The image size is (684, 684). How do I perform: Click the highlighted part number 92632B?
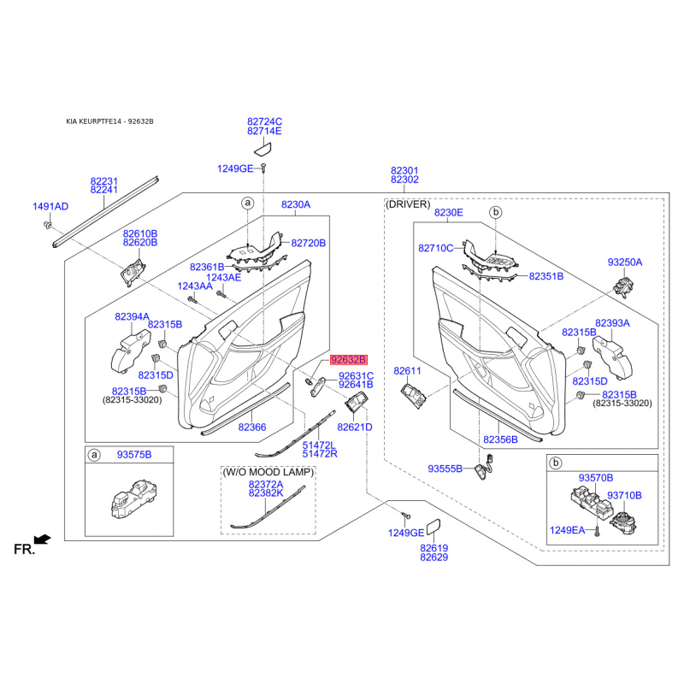pyautogui.click(x=348, y=361)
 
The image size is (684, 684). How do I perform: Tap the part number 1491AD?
pyautogui.click(x=50, y=207)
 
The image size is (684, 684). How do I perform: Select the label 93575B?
pyautogui.click(x=133, y=456)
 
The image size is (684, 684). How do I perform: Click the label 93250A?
pyautogui.click(x=625, y=262)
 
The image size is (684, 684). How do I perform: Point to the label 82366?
pyautogui.click(x=252, y=427)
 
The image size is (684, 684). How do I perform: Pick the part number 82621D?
pyautogui.click(x=355, y=427)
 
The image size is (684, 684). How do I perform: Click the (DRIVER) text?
pyautogui.click(x=409, y=205)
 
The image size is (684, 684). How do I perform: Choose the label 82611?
pyautogui.click(x=408, y=371)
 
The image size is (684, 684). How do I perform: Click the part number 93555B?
pyautogui.click(x=445, y=469)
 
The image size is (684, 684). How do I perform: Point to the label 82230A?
pyautogui.click(x=296, y=205)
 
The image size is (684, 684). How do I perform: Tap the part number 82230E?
pyautogui.click(x=449, y=212)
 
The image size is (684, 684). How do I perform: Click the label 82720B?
pyautogui.click(x=309, y=243)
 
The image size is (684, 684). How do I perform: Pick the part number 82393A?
pyautogui.click(x=612, y=323)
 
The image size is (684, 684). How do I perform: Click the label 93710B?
pyautogui.click(x=624, y=495)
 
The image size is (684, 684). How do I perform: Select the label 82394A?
pyautogui.click(x=132, y=316)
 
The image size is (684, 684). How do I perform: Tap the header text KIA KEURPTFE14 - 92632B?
pyautogui.click(x=109, y=121)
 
